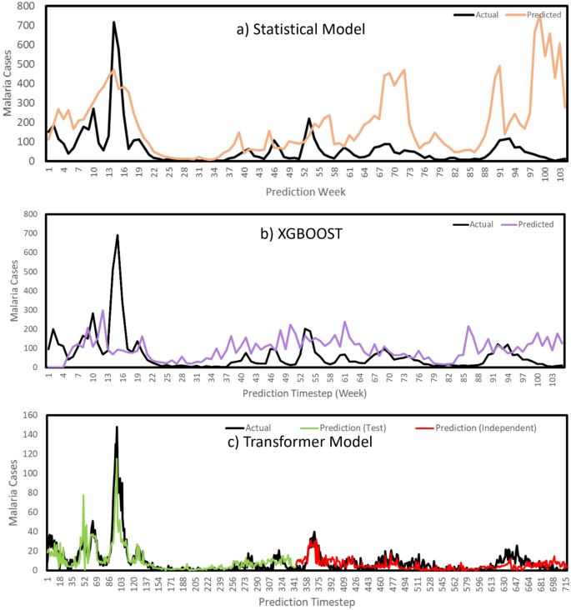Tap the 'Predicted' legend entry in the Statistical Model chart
pyautogui.click(x=527, y=14)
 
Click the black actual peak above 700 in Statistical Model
pyautogui.click(x=113, y=22)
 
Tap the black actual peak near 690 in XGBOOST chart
pyautogui.click(x=118, y=236)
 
